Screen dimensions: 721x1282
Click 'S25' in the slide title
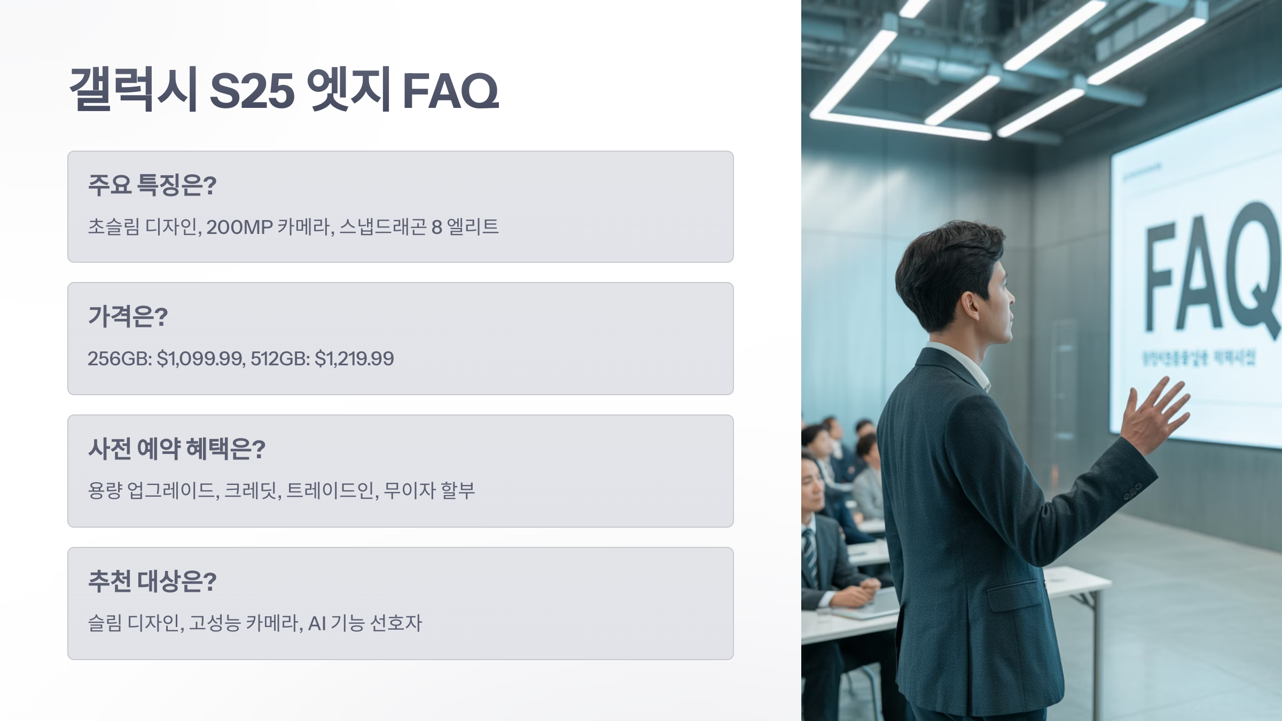click(x=252, y=90)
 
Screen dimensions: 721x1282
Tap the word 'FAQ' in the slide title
click(x=450, y=90)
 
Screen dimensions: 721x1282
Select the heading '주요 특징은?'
click(x=152, y=185)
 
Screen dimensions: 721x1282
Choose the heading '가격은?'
click(x=128, y=317)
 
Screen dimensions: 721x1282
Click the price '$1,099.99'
click(x=200, y=359)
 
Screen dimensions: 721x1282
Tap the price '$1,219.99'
click(x=354, y=359)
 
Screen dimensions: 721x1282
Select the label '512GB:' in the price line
click(x=280, y=359)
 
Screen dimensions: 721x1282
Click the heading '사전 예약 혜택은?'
click(x=177, y=449)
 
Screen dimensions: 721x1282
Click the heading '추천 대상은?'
click(x=152, y=582)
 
